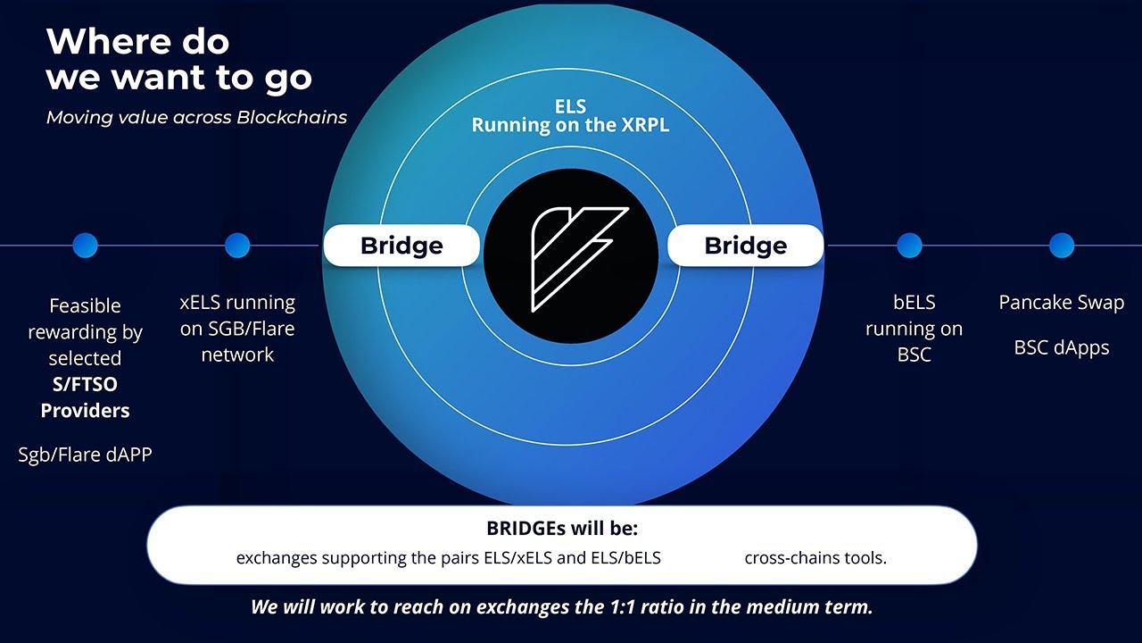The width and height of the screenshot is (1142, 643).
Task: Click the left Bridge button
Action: (401, 246)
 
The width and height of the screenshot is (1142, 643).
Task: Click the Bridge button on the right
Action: (745, 246)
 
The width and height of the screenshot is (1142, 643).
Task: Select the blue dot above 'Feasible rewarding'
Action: (85, 245)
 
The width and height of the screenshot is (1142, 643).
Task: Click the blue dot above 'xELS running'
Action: (237, 245)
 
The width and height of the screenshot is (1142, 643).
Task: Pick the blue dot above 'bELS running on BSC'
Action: (909, 245)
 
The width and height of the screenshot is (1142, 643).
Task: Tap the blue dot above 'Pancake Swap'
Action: (1061, 245)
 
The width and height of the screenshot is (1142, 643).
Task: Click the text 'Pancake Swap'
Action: (1061, 303)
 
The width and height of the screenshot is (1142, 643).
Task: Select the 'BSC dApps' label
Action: (1061, 347)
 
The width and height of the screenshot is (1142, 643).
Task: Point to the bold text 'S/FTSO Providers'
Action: (85, 397)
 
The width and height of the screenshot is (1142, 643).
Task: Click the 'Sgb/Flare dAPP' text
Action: (85, 455)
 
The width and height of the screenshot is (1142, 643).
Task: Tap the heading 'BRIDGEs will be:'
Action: (562, 528)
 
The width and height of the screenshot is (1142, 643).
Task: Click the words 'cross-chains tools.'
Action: (815, 558)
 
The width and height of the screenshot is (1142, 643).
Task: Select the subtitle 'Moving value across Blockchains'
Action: (196, 117)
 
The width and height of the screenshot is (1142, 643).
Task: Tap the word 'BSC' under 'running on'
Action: (914, 355)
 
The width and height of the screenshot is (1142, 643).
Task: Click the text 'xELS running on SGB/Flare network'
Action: (237, 328)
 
